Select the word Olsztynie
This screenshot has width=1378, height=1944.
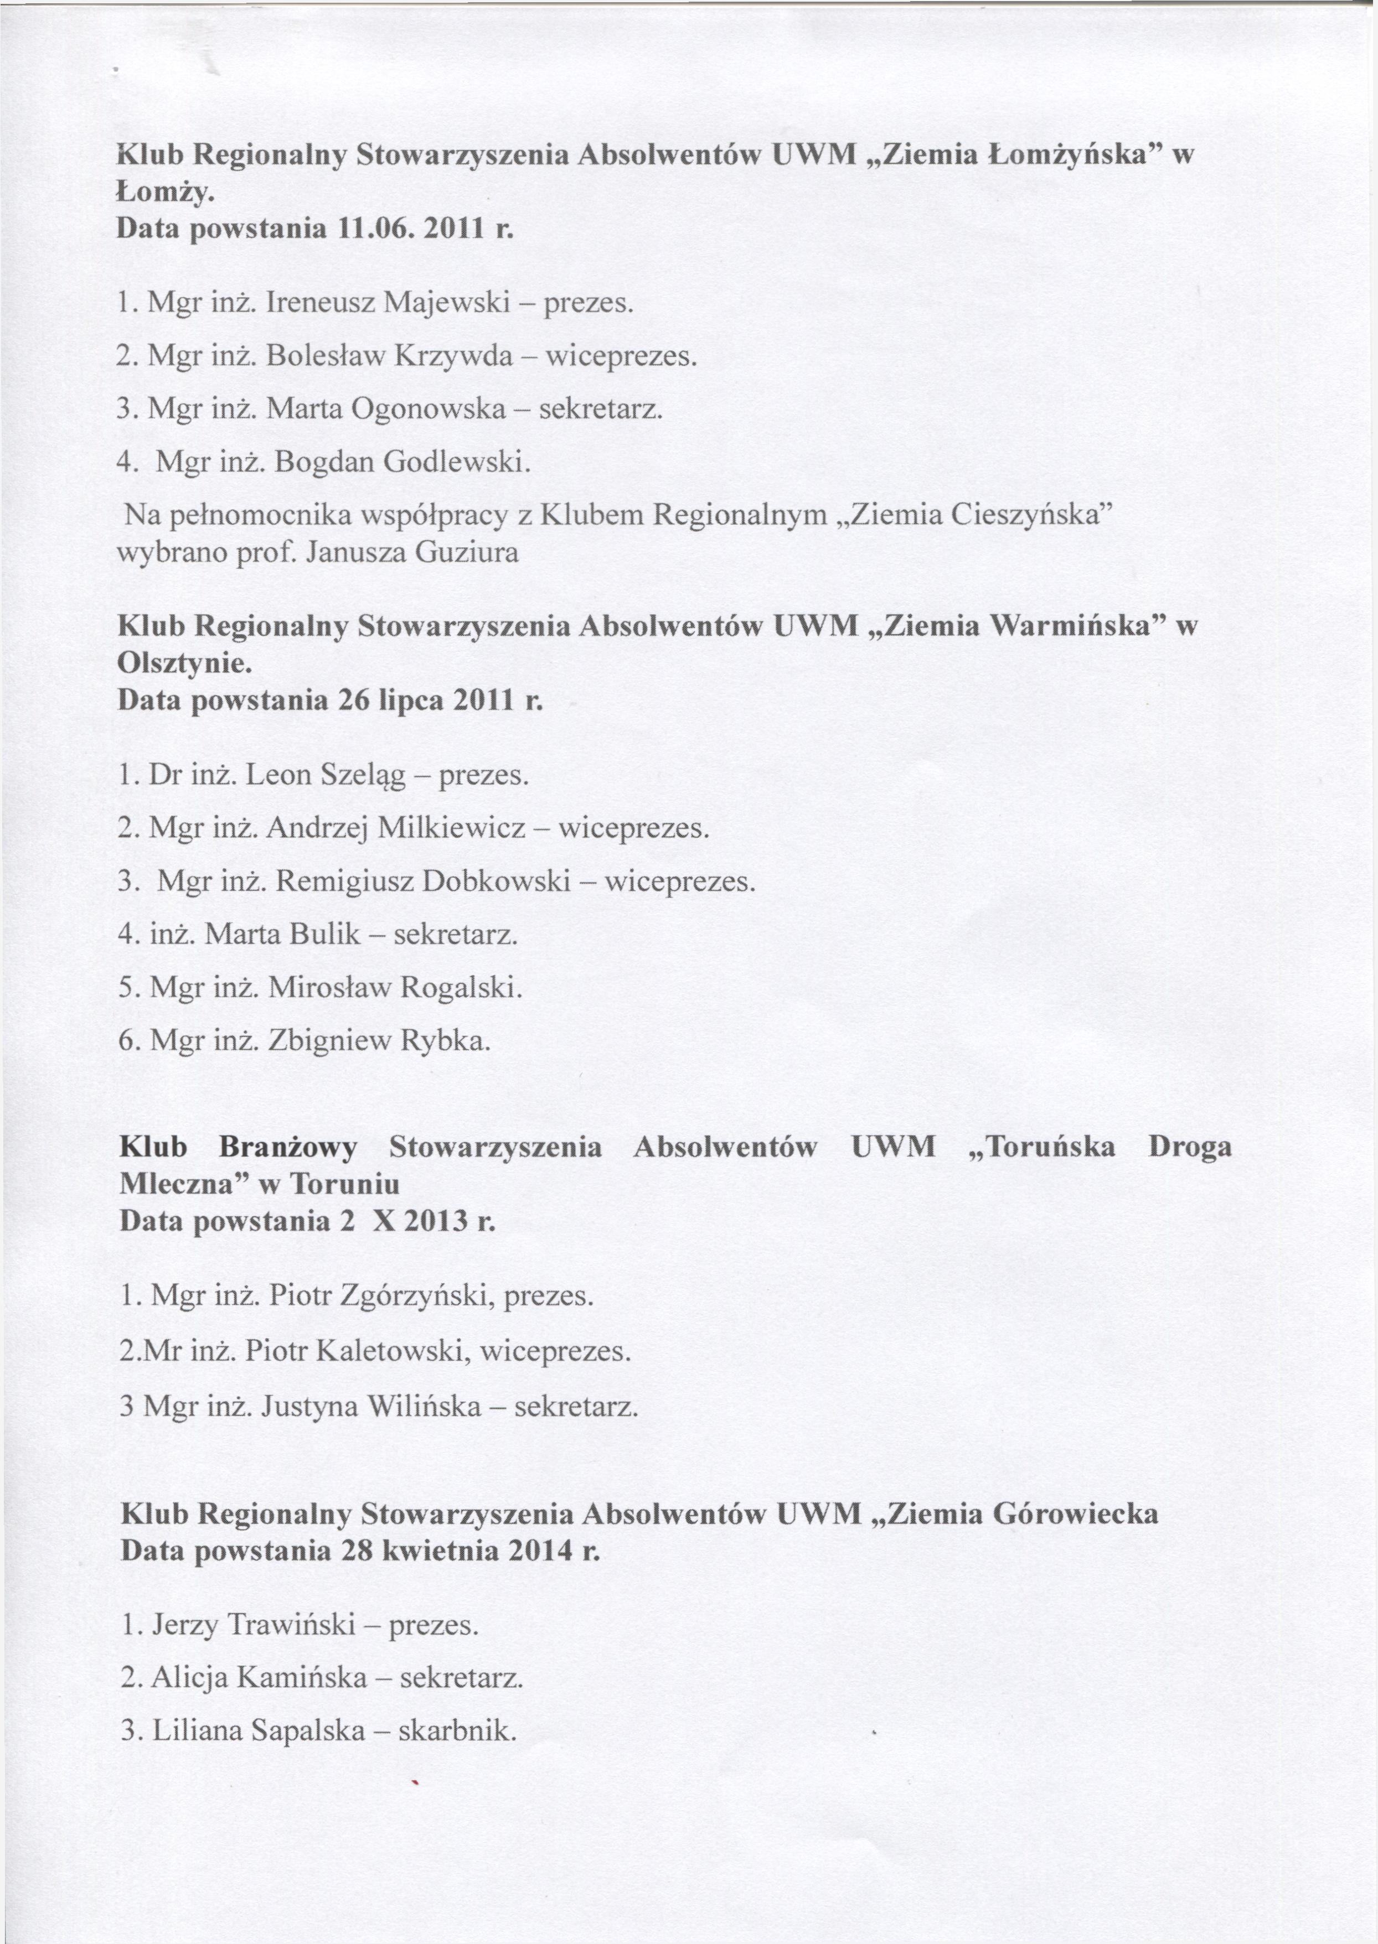point(185,663)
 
